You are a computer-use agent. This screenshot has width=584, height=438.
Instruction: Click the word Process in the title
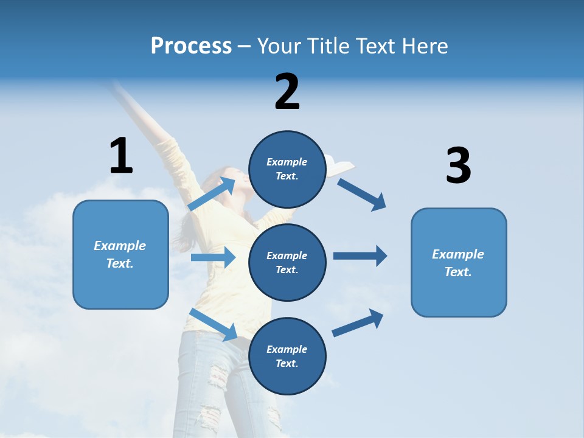[191, 46]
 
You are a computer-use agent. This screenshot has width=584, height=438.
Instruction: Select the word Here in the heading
[423, 46]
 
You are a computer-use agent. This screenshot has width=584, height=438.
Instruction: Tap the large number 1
[121, 156]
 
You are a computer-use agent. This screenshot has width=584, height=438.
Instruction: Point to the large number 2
[287, 92]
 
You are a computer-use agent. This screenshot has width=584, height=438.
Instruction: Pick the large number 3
[458, 166]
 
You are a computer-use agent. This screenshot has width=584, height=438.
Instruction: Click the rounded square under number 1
[120, 254]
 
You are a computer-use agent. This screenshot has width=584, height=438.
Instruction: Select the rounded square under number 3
[459, 263]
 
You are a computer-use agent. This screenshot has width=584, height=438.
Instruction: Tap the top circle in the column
[287, 169]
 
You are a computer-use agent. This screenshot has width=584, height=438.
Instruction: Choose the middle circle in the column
[287, 262]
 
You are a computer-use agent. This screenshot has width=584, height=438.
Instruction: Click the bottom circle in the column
[287, 356]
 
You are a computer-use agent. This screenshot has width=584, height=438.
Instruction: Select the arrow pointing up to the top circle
[212, 194]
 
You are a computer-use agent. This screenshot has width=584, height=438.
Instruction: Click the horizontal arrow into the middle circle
[213, 257]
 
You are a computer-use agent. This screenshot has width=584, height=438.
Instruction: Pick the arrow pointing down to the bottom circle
[214, 324]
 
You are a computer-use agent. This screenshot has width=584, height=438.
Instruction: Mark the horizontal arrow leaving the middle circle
[360, 255]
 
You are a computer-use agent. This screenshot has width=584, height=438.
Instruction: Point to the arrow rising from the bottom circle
[358, 323]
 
